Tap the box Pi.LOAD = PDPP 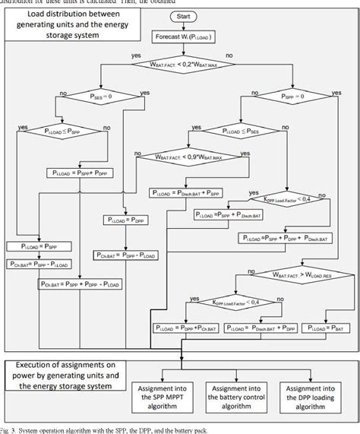coord(124,219)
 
